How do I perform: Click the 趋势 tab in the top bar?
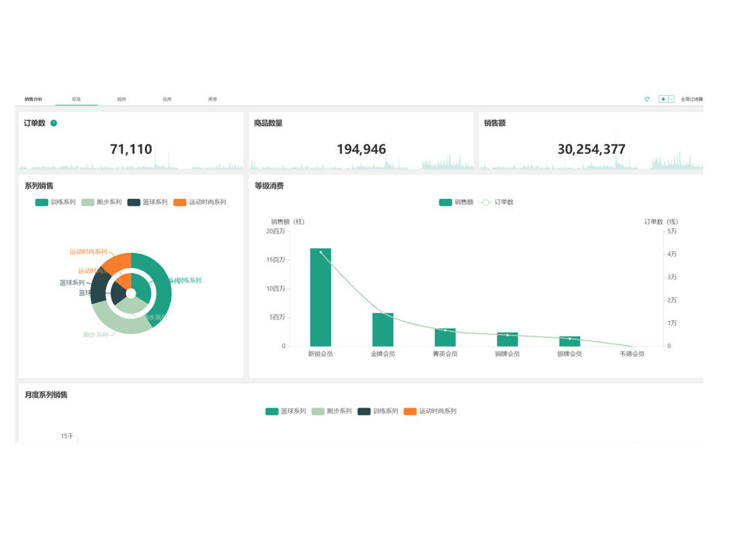pos(122,99)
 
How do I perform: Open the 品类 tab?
pos(167,99)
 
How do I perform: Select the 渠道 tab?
pos(212,99)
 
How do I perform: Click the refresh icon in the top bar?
pos(647,99)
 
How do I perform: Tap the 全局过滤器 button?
pos(692,99)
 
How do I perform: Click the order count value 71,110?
pos(131,149)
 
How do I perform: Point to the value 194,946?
pos(361,149)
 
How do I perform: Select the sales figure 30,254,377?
pos(591,149)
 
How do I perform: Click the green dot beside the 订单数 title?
pos(54,123)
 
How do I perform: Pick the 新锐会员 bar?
pos(320,297)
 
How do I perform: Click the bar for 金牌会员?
pos(383,330)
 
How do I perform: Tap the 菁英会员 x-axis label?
pos(445,354)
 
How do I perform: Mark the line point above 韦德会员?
pos(631,346)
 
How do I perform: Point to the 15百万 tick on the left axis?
pos(276,260)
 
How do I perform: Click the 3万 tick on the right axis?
pos(672,277)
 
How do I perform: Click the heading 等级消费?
pos(269,186)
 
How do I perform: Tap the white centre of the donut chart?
pos(131,293)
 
